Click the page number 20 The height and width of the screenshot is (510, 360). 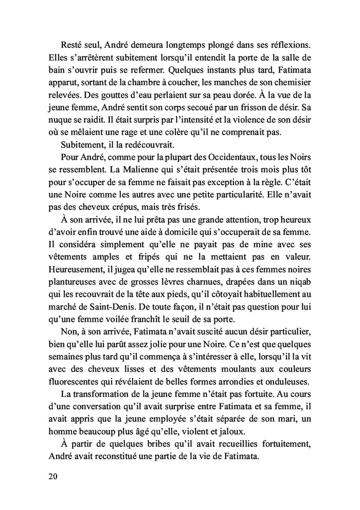51,476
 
